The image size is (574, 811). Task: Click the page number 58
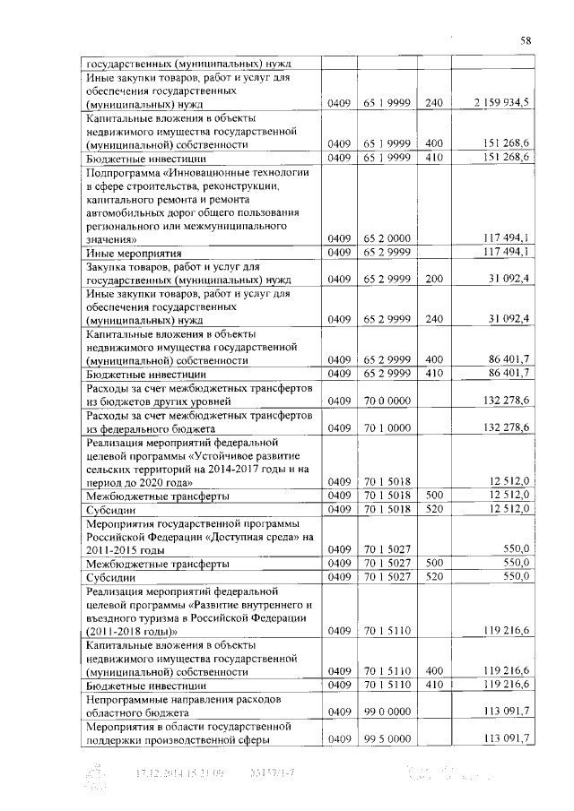[x=526, y=40]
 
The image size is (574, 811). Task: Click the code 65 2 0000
[x=387, y=239]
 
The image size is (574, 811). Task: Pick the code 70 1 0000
[x=387, y=428]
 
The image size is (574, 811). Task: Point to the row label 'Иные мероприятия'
[x=125, y=253]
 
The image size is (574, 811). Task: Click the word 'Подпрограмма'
[x=123, y=172]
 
